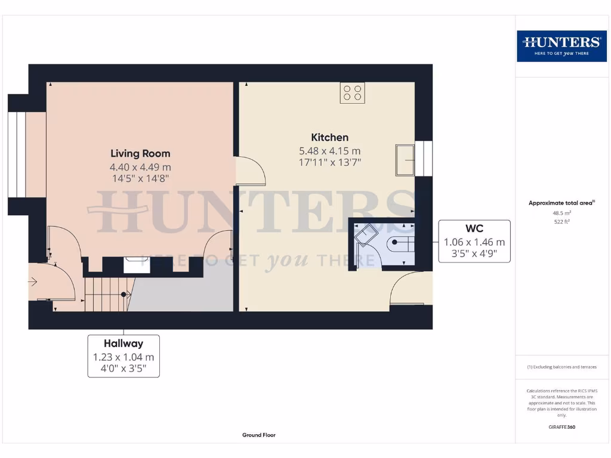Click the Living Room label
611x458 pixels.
coord(140,153)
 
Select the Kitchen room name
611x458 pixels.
coord(329,137)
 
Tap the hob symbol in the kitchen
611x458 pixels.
coord(352,93)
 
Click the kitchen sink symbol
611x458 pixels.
coord(405,160)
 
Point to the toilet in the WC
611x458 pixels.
coord(400,243)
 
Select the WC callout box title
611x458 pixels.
coord(474,228)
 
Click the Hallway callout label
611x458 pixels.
coord(124,343)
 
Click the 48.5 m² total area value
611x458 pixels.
coord(561,212)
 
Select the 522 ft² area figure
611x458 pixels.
coord(561,221)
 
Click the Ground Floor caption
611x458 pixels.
coord(259,435)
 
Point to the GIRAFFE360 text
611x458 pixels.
coord(561,427)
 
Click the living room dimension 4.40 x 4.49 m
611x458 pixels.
coord(140,167)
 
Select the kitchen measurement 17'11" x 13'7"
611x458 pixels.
coord(329,162)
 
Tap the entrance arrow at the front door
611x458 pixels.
coord(33,281)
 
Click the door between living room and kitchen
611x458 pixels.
coord(251,171)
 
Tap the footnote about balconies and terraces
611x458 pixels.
coord(561,367)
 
